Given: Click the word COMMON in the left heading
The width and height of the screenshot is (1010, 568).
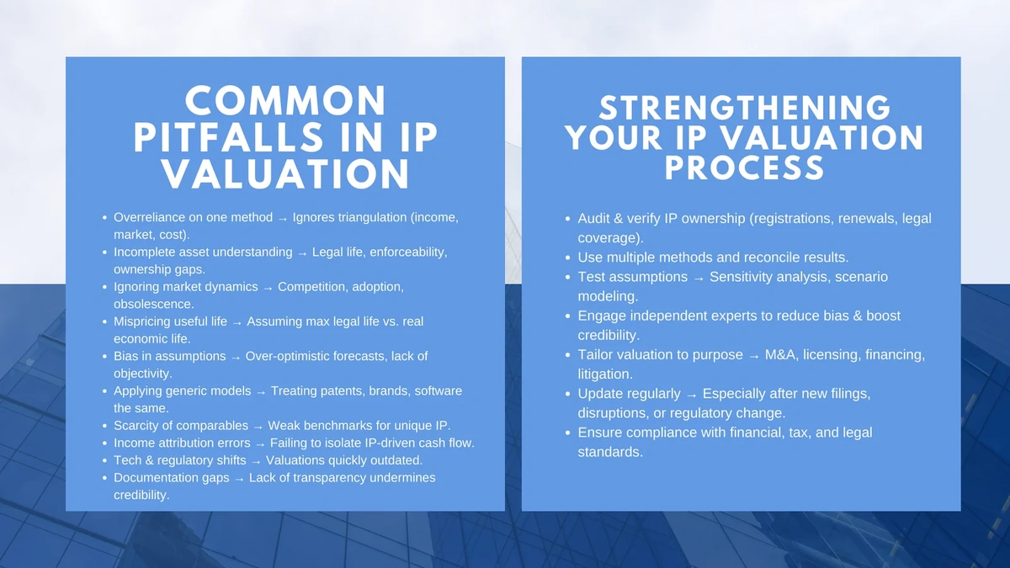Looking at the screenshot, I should point(285,101).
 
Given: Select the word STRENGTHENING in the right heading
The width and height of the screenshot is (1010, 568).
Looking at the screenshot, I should point(745,108).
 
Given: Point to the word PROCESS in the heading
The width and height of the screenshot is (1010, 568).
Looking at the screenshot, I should point(745,167).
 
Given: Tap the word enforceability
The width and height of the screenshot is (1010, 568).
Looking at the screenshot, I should point(408,252).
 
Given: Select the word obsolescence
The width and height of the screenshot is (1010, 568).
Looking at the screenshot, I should point(154,304).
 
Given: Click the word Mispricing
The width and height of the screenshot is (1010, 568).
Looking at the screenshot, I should point(146,321).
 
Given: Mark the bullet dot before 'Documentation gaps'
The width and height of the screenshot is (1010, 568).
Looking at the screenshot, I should point(104,478).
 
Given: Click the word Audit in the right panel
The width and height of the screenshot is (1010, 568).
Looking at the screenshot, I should point(594,219).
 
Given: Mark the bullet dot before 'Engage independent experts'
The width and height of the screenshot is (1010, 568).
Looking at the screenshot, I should point(569,316).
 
